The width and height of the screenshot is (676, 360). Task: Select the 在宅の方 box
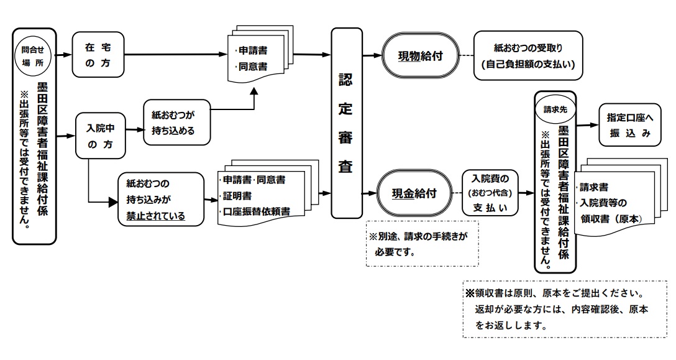point(98,55)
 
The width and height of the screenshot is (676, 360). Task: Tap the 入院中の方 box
point(101,135)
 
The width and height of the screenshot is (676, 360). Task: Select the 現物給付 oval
point(420,56)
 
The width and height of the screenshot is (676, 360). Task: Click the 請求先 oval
point(555,109)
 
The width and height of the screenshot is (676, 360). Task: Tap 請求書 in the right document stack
point(595,187)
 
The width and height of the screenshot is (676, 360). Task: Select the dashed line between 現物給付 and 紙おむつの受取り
point(465,56)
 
